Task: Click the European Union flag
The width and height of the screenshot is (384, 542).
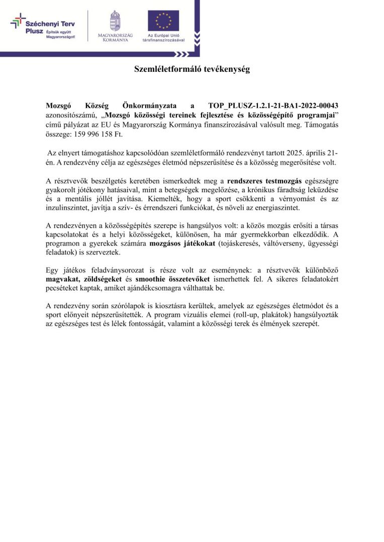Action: tap(163, 21)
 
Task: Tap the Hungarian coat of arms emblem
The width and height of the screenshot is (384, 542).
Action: tap(115, 21)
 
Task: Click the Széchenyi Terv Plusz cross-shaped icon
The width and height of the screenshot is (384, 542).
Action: tap(18, 21)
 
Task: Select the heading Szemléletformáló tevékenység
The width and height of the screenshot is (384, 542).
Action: tap(191, 69)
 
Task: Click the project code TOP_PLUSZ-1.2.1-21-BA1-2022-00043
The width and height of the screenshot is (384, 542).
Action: tap(273, 106)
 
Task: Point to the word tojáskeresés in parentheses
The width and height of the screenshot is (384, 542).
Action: tap(234, 243)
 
